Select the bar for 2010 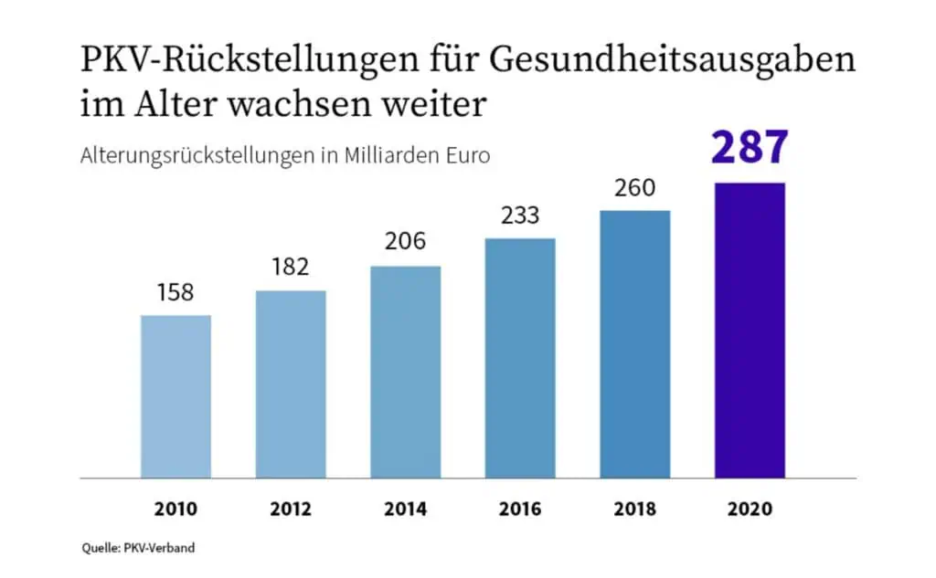tap(175, 396)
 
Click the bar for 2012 tap(291, 384)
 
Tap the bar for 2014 tap(405, 372)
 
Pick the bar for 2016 tap(520, 358)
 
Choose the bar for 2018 tap(634, 344)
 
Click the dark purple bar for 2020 tap(750, 331)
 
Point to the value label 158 tap(175, 293)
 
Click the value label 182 tap(291, 268)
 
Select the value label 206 tap(405, 244)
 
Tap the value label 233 tap(520, 216)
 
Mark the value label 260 tap(634, 188)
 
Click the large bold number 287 tap(750, 148)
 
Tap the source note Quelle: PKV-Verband tap(136, 548)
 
